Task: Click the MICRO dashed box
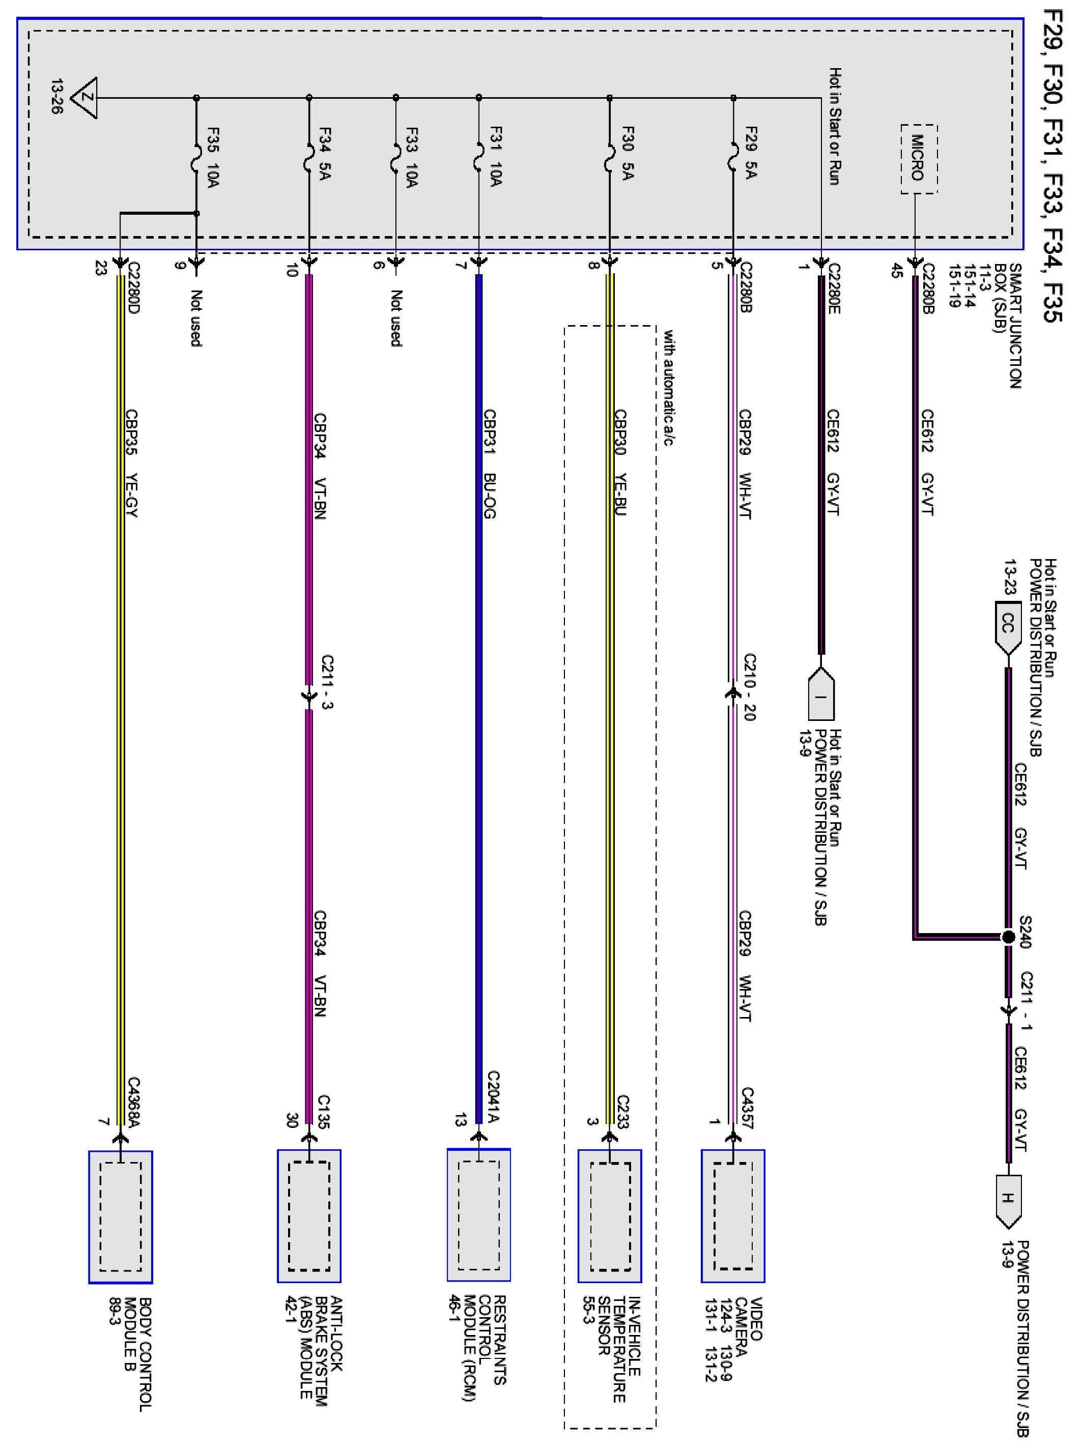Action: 919,159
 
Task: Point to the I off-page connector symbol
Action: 821,695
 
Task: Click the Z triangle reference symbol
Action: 84,98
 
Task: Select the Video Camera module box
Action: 733,1215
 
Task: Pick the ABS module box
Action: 309,1215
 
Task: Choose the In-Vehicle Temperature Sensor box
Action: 610,1215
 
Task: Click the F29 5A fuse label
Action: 751,153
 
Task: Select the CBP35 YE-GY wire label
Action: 132,464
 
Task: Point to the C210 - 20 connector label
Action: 750,687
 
